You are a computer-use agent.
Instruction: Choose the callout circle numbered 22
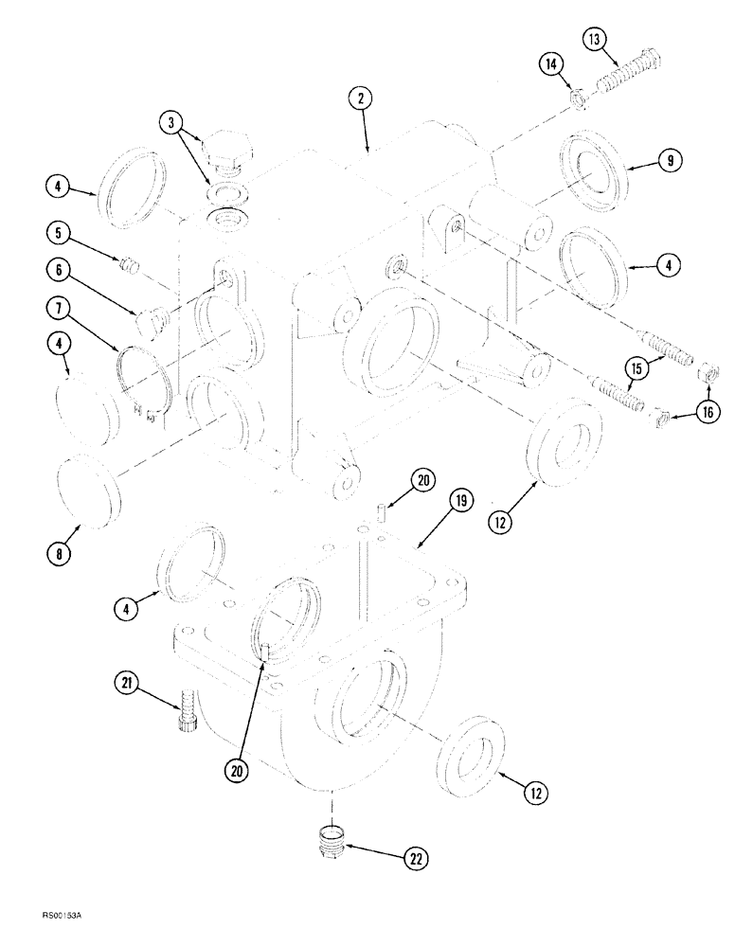416,858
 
